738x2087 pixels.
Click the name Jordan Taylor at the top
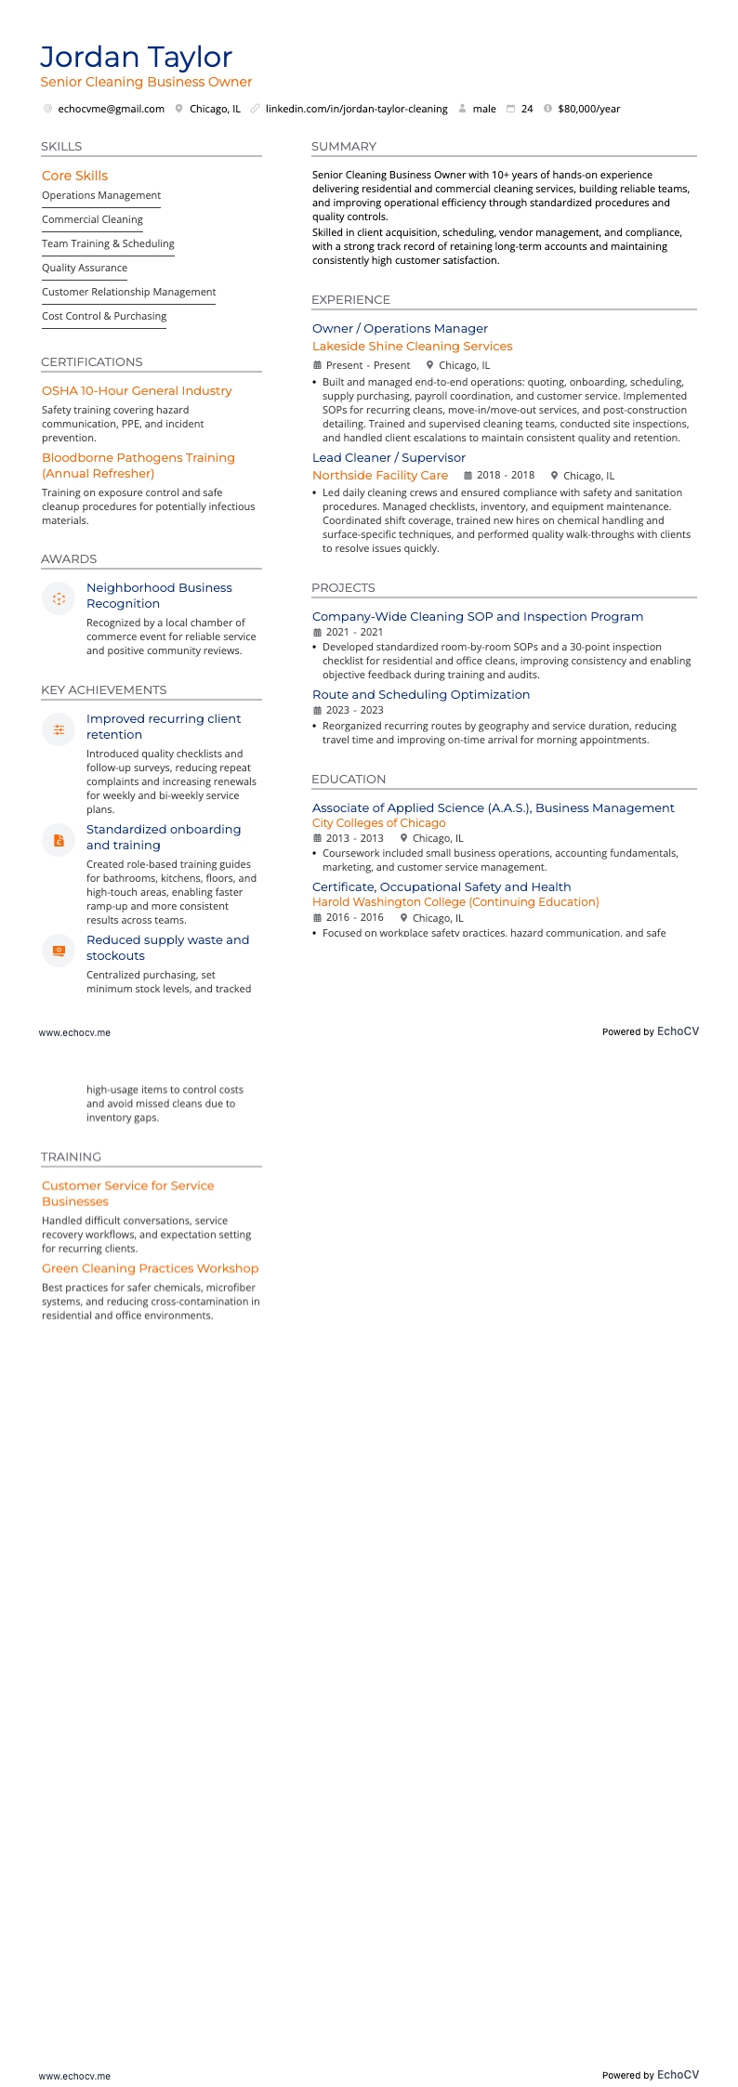[x=136, y=58]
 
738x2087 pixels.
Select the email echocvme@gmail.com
[x=111, y=109]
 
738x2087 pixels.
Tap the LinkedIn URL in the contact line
[x=356, y=109]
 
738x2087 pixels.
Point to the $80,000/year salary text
[x=588, y=109]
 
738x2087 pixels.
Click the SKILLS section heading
[x=61, y=147]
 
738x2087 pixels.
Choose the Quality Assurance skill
[x=85, y=268]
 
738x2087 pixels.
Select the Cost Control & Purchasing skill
[x=104, y=316]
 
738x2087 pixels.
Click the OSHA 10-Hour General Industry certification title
[x=137, y=391]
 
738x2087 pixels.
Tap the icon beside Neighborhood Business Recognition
[x=59, y=598]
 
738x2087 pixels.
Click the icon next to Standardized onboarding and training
[x=59, y=840]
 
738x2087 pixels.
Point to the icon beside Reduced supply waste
[x=59, y=950]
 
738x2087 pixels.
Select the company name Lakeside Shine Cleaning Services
[x=412, y=347]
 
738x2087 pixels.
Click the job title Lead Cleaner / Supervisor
[x=389, y=457]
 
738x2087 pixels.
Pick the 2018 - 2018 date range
[x=506, y=475]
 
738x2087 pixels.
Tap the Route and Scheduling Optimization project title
[x=421, y=694]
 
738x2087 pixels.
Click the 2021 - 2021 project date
[x=354, y=632]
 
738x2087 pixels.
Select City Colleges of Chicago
[x=378, y=823]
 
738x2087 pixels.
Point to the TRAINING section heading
[x=71, y=1157]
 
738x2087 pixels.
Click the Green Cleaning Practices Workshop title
[x=150, y=1268]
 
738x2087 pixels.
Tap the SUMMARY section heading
[x=344, y=147]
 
